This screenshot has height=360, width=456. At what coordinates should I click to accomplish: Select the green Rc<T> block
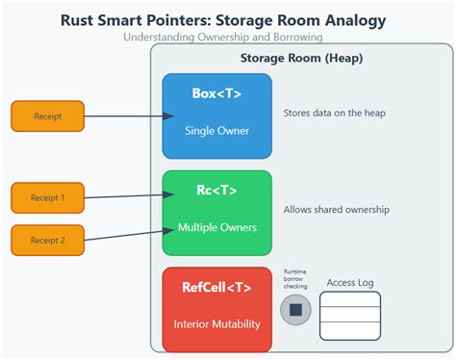[x=216, y=212]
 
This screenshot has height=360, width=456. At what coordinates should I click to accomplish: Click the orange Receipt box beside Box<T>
[x=48, y=116]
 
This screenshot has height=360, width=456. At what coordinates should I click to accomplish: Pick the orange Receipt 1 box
[x=48, y=197]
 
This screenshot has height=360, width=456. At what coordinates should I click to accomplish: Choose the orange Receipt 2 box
[x=48, y=240]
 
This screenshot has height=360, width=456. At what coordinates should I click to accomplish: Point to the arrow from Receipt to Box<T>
[x=123, y=116]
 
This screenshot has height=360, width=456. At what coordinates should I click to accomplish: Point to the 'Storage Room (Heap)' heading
[x=302, y=58]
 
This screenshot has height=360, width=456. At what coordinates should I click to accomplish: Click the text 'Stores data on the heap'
[x=335, y=113]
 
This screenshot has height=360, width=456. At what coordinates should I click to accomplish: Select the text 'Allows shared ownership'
[x=336, y=209]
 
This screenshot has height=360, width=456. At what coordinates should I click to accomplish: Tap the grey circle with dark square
[x=295, y=310]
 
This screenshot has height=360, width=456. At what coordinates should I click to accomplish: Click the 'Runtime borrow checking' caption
[x=295, y=279]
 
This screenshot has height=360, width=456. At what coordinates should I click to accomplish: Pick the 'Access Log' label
[x=350, y=283]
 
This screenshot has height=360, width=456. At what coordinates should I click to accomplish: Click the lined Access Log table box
[x=350, y=315]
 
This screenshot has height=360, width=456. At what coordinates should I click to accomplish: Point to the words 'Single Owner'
[x=216, y=130]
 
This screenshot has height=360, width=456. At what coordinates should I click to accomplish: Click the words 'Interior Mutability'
[x=216, y=323]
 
